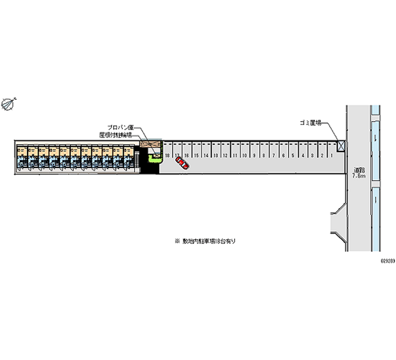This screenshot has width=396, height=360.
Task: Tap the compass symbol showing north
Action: click(9, 103)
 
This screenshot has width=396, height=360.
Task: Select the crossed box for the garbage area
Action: click(341, 146)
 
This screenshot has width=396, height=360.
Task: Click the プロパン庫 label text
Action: click(119, 127)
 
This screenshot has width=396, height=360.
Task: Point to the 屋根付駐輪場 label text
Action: click(115, 135)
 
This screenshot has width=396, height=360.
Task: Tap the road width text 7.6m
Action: click(358, 176)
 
